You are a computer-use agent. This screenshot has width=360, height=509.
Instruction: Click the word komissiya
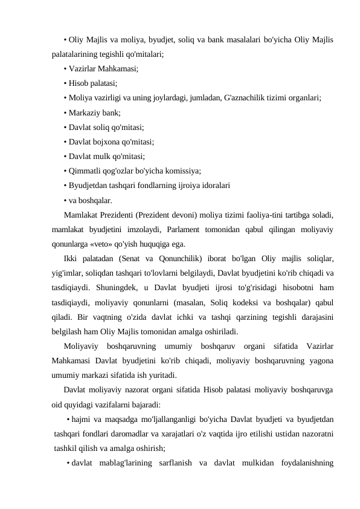[x=180, y=170]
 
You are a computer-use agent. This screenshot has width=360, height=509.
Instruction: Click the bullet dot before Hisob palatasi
[x=65, y=83]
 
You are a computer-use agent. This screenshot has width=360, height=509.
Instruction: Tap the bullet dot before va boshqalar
[x=65, y=200]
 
